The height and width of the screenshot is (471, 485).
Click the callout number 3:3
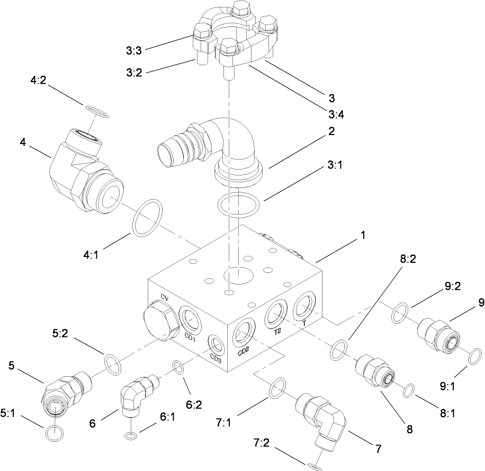coord(133,50)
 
